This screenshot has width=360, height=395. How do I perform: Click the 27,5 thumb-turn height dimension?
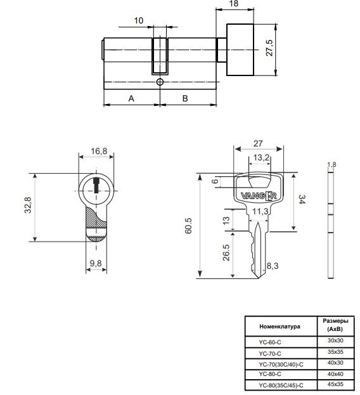269,48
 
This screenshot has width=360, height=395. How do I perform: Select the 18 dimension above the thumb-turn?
234,4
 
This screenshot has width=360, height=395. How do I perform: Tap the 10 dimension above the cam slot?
139,20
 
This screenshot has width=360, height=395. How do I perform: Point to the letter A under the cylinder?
131,98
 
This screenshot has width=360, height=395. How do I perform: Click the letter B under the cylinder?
185,98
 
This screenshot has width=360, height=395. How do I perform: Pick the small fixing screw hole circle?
160,82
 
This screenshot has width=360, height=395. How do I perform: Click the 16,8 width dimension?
99,151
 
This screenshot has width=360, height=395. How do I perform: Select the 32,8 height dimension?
28,205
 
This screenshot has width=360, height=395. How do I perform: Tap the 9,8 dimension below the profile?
96,263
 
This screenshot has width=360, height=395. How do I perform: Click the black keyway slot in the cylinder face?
96,185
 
